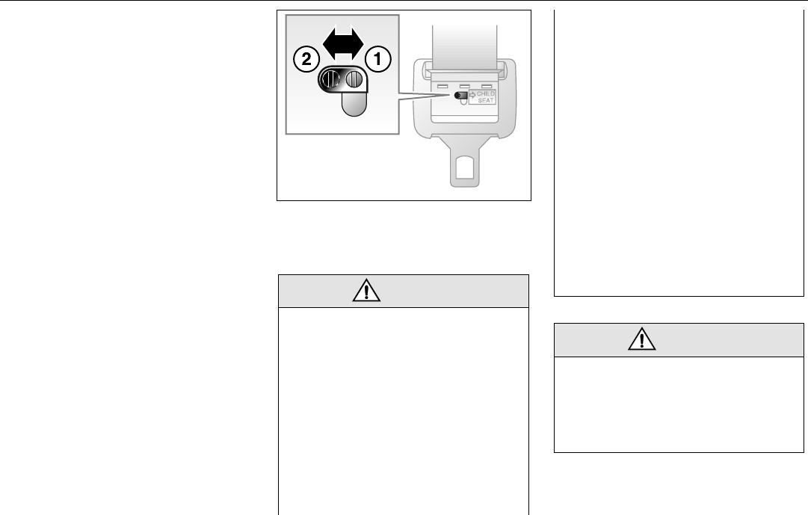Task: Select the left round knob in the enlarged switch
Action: (331, 79)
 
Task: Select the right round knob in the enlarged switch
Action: (355, 79)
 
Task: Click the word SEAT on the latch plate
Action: (487, 100)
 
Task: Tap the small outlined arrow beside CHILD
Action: (473, 94)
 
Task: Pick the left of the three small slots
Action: (442, 86)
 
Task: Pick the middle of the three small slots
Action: (464, 85)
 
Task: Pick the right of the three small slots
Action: (486, 85)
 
